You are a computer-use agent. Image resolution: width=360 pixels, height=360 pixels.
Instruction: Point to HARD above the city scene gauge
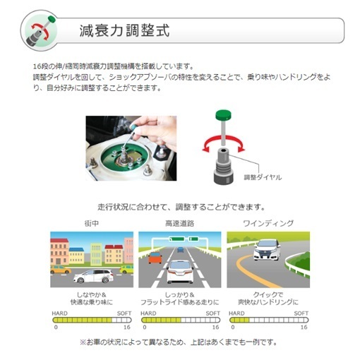[x=61, y=312]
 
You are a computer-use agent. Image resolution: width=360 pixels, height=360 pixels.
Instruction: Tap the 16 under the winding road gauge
[x=304, y=328]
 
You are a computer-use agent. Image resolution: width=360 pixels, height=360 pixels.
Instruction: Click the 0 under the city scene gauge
[x=55, y=328]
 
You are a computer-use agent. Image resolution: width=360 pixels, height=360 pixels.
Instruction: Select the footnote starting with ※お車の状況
[x=179, y=343]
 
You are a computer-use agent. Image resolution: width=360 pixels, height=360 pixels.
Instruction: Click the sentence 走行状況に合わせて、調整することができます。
[x=181, y=208]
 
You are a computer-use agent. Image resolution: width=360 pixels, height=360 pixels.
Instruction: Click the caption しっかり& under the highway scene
[x=179, y=294]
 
